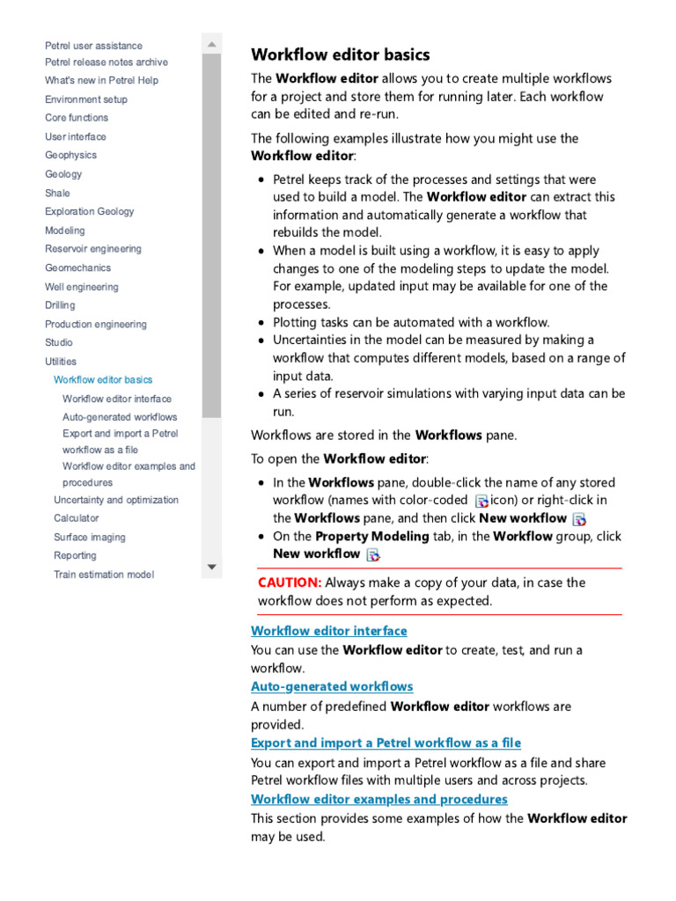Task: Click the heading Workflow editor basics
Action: [340, 55]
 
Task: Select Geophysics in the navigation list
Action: [71, 155]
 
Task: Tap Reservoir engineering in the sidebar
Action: [93, 249]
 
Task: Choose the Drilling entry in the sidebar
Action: [60, 305]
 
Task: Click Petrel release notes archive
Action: [107, 62]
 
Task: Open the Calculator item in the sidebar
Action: [77, 518]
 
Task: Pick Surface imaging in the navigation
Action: [90, 537]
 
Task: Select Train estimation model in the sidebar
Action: [104, 575]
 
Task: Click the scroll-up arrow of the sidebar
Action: [211, 43]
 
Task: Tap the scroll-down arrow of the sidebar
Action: [211, 567]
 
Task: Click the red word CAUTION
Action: [290, 582]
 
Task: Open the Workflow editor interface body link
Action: [329, 631]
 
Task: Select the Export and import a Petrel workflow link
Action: [386, 743]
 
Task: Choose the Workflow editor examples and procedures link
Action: [379, 799]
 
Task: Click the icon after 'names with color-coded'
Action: [481, 501]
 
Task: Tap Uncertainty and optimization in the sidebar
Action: [116, 500]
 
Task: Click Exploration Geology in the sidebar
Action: [90, 211]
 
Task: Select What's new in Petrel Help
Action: [102, 81]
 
